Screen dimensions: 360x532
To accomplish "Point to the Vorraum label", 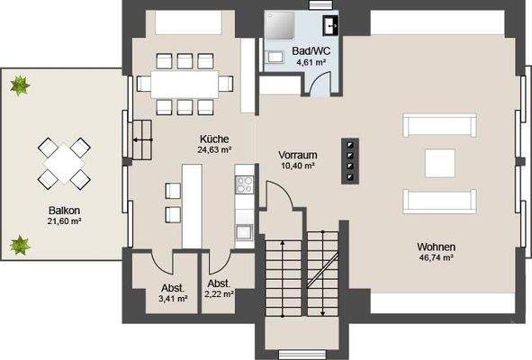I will pos(297,155).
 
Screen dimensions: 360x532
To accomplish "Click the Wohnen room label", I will pos(435,246).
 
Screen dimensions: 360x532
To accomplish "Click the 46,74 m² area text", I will pos(435,257).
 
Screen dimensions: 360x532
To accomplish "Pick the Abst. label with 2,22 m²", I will pos(219,281).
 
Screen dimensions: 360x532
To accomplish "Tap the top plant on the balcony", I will pos(18,86).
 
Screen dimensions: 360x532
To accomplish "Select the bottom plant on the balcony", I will pos(18,243).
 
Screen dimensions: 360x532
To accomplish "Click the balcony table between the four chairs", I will pos(63,163).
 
